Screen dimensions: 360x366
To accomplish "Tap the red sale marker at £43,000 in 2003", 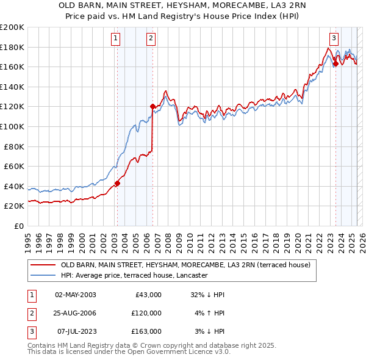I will pos(117,182).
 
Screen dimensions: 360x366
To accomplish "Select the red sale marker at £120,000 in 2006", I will pos(152,106).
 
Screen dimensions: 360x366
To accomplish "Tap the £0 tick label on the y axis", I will pos(18,226).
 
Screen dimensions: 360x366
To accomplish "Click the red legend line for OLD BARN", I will pos(43,265).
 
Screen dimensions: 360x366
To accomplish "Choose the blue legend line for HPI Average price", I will pos(43,275).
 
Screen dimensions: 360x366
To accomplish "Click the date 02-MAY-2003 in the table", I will pos(76,295).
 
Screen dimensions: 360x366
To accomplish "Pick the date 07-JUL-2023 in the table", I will pos(75,331).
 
